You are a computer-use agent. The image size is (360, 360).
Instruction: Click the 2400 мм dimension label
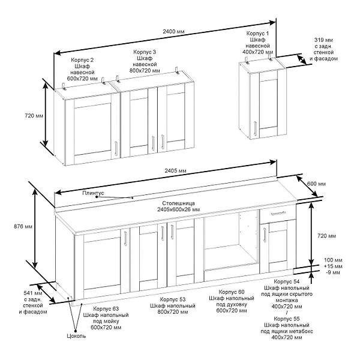(173, 31)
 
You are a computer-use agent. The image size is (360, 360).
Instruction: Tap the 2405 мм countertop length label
(175, 170)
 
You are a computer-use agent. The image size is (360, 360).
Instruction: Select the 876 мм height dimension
(23, 226)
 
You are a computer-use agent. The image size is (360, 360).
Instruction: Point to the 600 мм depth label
(316, 184)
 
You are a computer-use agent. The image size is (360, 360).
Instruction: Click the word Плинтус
(93, 193)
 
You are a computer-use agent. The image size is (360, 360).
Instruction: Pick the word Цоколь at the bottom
(76, 336)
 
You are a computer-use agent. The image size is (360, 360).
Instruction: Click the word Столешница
(178, 203)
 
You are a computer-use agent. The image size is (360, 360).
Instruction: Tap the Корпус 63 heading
(106, 309)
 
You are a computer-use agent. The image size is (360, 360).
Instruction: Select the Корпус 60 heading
(232, 292)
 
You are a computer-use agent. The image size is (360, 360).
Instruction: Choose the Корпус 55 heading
(287, 319)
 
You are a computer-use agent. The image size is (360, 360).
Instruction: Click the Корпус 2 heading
(82, 60)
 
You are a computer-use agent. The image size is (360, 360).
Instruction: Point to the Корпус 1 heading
(257, 33)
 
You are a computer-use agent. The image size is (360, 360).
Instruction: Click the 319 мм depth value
(323, 40)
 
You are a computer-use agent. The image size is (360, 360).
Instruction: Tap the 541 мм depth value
(33, 293)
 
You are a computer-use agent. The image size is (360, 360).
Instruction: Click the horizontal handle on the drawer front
(278, 213)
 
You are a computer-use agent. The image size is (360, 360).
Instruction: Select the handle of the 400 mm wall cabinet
(255, 128)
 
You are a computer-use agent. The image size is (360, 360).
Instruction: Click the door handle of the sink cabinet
(125, 239)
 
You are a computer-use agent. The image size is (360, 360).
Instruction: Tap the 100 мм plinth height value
(333, 260)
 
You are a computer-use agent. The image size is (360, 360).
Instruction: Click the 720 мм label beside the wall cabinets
(34, 115)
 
